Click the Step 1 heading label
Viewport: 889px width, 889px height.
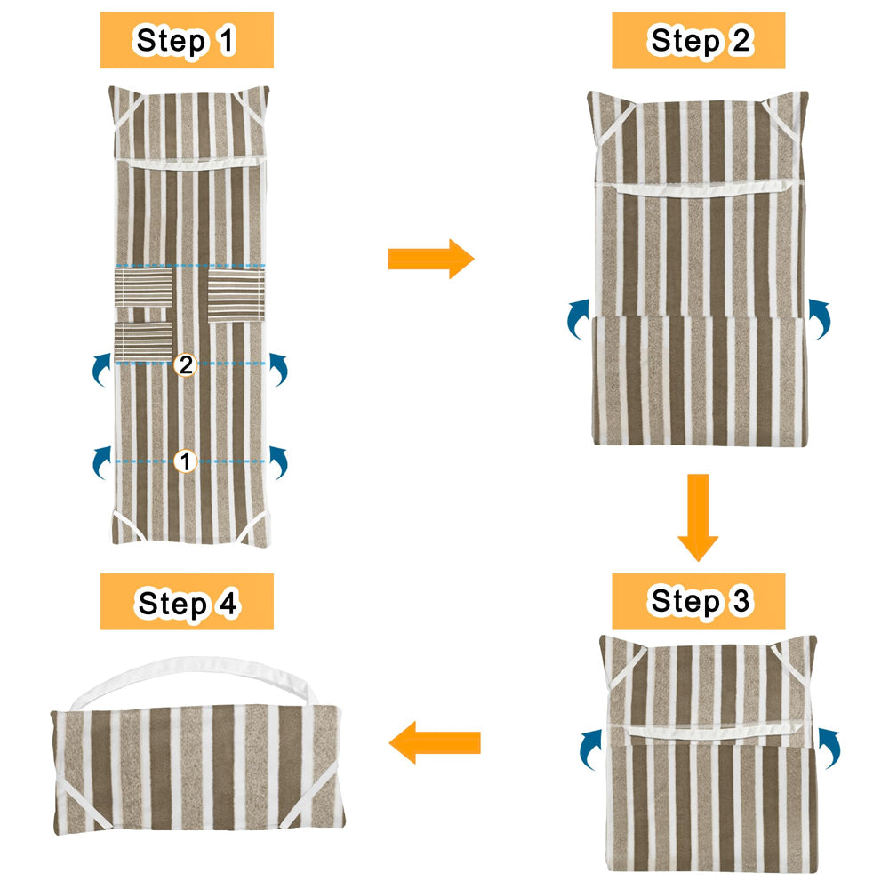[187, 40]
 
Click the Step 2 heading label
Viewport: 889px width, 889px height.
[699, 40]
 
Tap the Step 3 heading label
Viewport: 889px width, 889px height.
[699, 601]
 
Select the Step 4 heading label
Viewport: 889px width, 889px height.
[187, 602]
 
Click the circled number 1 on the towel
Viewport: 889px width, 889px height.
[186, 461]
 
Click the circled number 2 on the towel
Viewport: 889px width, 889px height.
[186, 364]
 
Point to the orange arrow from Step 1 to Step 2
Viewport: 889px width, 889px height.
[431, 259]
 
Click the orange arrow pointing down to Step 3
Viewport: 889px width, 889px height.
[698, 517]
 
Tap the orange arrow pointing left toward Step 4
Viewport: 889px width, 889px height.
[435, 742]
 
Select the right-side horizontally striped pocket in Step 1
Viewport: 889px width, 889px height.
[236, 296]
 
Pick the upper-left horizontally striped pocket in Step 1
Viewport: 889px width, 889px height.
[143, 287]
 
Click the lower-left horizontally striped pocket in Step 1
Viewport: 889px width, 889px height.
[143, 342]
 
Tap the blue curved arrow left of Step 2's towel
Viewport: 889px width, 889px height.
[579, 318]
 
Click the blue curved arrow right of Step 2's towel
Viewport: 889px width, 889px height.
[820, 318]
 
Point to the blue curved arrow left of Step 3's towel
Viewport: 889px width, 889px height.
[591, 749]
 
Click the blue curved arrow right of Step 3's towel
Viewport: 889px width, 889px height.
[829, 749]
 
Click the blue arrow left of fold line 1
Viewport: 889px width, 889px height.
[101, 462]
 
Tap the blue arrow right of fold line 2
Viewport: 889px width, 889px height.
[278, 370]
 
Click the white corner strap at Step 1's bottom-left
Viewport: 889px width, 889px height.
[126, 525]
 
